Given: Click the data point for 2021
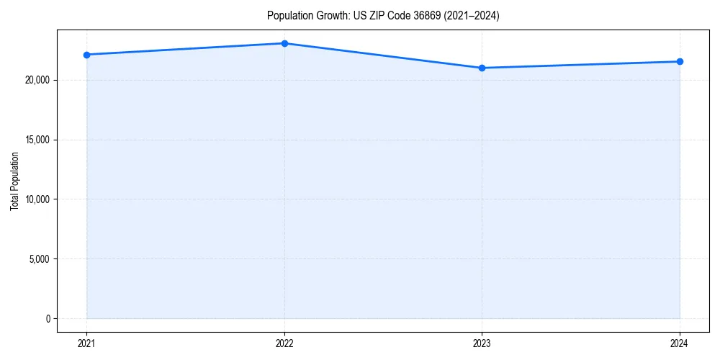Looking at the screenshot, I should [86, 55].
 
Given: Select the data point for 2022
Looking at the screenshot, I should [284, 43].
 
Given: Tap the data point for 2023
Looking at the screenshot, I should [482, 68].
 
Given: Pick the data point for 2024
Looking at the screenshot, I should [680, 61].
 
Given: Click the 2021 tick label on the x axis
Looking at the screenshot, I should [86, 343].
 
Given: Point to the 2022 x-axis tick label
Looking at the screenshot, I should [284, 343].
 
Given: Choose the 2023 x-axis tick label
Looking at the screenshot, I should [482, 343].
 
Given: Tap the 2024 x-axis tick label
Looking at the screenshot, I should [680, 343].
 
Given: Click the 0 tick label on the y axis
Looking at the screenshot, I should [48, 318].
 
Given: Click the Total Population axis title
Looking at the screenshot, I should [14, 181].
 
